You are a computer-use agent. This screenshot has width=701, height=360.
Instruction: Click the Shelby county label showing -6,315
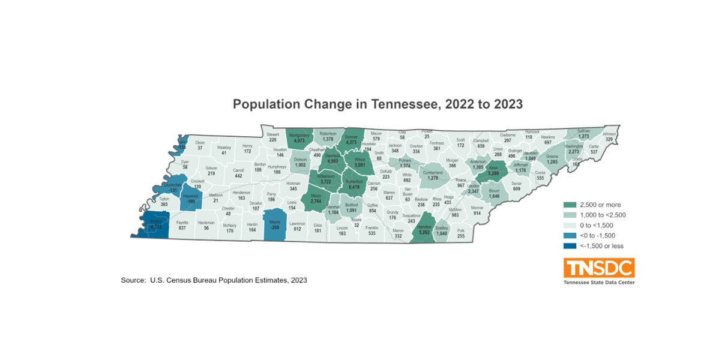point(155,224)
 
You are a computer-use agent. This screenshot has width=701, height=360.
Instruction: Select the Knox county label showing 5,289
point(493,170)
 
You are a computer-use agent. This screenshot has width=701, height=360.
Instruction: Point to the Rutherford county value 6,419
point(354,184)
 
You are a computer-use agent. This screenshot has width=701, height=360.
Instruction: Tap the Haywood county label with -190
point(190,199)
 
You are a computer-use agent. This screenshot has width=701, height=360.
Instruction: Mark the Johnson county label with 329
point(609,136)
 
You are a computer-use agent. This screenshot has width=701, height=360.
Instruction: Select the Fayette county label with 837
point(182,225)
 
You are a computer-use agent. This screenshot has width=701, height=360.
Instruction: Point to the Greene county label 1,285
point(552,159)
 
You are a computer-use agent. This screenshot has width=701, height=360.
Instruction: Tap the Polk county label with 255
point(461,233)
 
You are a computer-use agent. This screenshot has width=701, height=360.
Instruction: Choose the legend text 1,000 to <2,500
point(603,215)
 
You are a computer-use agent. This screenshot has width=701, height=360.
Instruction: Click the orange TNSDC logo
point(598,268)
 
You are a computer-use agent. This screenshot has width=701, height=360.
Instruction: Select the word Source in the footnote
point(133,280)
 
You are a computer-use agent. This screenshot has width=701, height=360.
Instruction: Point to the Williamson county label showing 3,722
point(326,178)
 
